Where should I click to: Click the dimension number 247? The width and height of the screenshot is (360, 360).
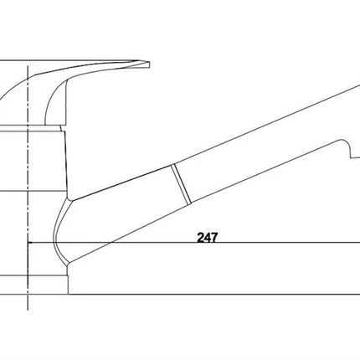point(207,238)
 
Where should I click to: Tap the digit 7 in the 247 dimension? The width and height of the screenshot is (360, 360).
point(213,238)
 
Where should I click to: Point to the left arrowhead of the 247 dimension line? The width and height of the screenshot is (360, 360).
point(31,243)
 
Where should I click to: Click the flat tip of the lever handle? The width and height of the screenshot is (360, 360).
point(149,65)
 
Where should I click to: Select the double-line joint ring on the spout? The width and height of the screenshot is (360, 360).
point(182,184)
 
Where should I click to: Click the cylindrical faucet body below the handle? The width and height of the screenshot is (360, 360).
point(33,161)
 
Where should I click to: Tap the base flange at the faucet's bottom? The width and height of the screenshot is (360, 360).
point(34,285)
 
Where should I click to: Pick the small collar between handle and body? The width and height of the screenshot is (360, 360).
point(31,127)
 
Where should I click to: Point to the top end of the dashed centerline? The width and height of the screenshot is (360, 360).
point(28,66)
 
